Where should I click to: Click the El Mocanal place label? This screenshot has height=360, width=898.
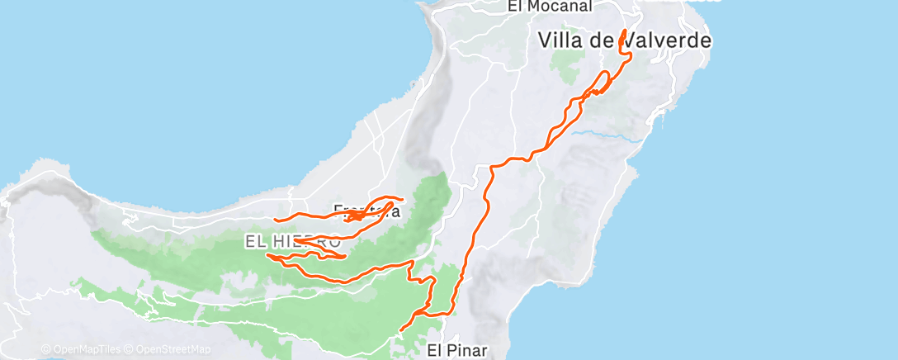point(551,7)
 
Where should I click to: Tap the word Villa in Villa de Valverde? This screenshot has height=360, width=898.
point(562,39)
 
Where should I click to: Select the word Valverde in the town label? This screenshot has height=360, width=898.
point(668,39)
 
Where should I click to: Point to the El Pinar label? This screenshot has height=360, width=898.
point(458,350)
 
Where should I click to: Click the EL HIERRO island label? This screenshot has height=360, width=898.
point(292,242)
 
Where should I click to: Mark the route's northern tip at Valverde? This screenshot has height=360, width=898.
point(624,31)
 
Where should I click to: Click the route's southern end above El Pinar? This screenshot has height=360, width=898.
point(401,329)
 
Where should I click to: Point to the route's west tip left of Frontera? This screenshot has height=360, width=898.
point(275,220)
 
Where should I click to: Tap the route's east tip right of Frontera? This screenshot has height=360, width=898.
point(401,199)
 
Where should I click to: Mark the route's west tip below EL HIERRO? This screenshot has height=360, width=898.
point(267,256)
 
